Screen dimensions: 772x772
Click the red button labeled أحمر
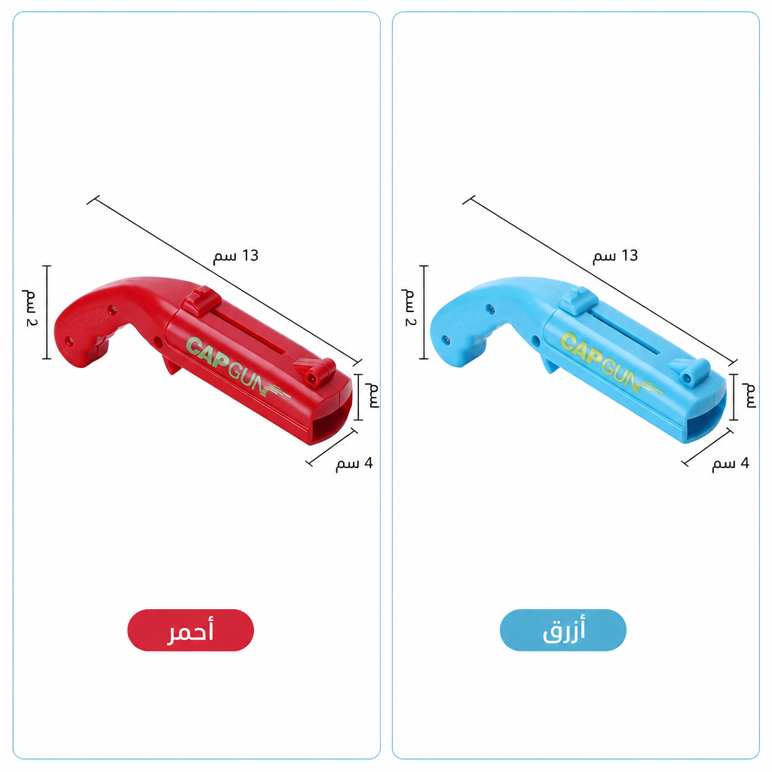pyautogui.click(x=191, y=630)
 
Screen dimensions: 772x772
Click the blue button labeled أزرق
pyautogui.click(x=562, y=630)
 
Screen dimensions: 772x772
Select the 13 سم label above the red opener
pyautogui.click(x=236, y=256)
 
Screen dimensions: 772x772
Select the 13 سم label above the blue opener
pyautogui.click(x=615, y=256)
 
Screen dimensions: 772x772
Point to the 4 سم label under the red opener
pyautogui.click(x=354, y=464)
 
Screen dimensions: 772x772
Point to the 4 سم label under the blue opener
pyautogui.click(x=731, y=464)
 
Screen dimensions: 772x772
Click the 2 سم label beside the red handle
pyautogui.click(x=30, y=308)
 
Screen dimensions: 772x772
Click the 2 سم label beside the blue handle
pyautogui.click(x=409, y=308)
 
